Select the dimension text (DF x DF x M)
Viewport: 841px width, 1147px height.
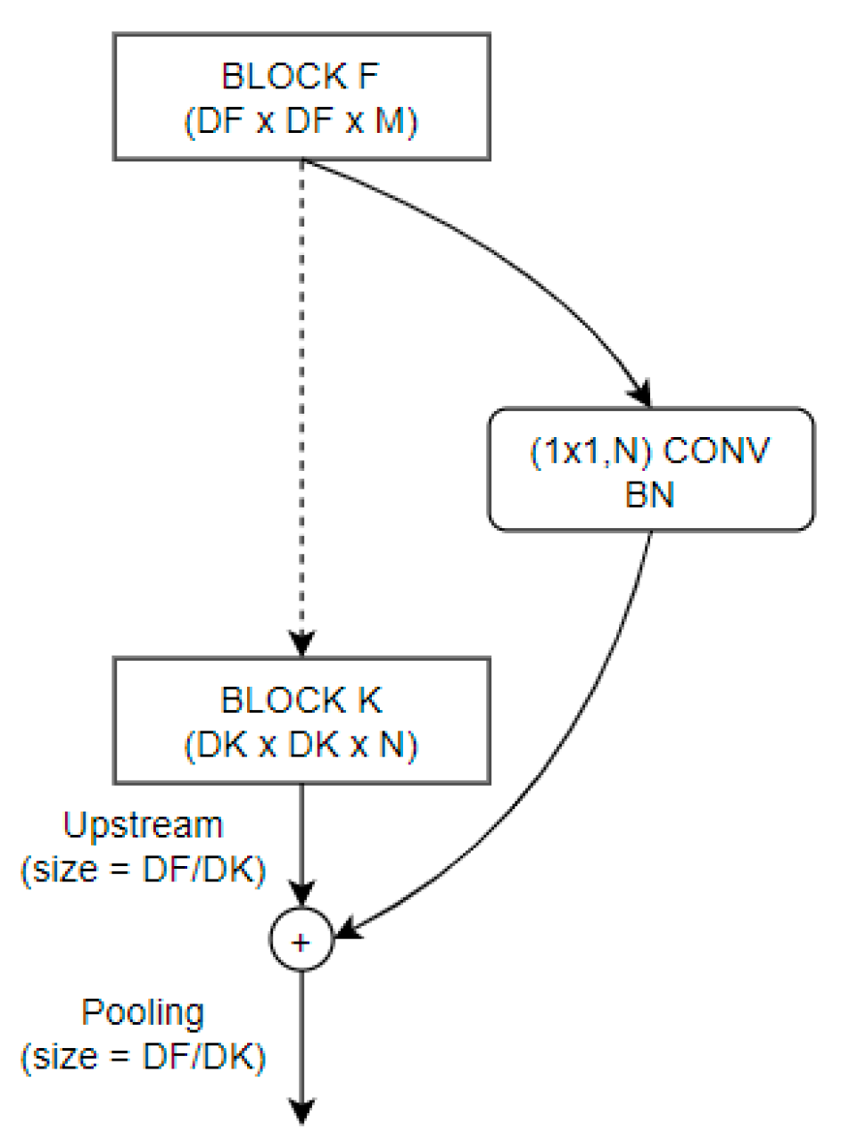[x=301, y=121]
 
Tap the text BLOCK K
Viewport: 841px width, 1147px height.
[x=301, y=701]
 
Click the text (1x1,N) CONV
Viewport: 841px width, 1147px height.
[x=650, y=452]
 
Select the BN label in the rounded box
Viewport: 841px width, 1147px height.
[x=650, y=496]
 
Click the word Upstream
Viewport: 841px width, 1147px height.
[x=143, y=825]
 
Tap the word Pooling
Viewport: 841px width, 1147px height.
[x=143, y=1012]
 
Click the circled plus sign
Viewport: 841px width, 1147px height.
[x=302, y=943]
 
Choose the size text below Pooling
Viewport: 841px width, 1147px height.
[x=143, y=1057]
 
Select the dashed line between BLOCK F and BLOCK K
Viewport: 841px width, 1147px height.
[x=302, y=401]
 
